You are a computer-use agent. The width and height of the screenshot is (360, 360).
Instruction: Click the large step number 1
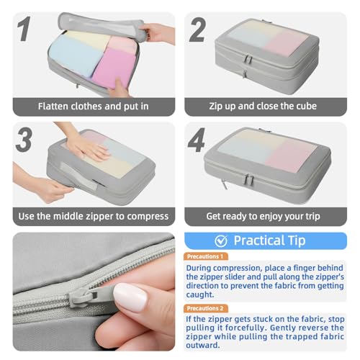[24, 29]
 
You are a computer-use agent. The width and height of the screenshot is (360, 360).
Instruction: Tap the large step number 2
[197, 30]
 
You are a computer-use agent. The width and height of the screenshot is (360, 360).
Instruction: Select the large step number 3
[24, 140]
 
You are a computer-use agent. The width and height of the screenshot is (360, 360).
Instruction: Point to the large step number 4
[197, 140]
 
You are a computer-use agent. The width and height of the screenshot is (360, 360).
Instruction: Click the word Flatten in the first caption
[53, 106]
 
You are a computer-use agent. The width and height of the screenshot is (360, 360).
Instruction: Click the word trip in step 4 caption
[312, 217]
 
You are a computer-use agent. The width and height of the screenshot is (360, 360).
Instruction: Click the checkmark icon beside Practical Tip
[221, 241]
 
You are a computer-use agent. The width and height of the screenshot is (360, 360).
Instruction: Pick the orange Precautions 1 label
[205, 256]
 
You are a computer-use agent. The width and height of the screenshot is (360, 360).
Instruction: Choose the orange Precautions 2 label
[205, 308]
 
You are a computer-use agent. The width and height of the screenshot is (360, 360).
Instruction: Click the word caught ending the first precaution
[199, 294]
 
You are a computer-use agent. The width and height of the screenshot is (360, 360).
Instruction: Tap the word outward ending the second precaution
[203, 345]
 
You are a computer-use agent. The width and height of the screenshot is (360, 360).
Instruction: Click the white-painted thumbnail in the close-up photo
[130, 297]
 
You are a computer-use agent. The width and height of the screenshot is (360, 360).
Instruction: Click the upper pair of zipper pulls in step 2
[248, 59]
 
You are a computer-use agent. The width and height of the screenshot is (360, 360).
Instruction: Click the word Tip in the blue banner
[297, 240]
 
